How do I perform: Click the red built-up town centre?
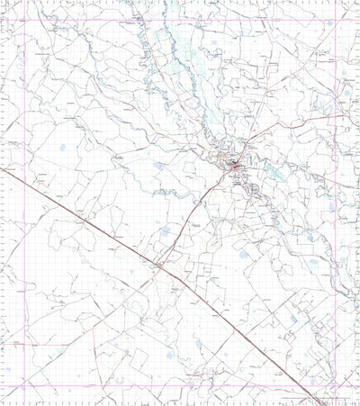pos(235,165)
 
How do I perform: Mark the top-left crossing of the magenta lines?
pos(26,19)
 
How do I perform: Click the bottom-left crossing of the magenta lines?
pos(26,384)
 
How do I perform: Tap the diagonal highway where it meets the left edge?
pos(1,168)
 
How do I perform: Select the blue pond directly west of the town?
pos(158,166)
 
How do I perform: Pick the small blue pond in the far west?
pos(60,148)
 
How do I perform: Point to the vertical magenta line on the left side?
pos(26,225)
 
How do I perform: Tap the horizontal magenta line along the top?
pos(180,19)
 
